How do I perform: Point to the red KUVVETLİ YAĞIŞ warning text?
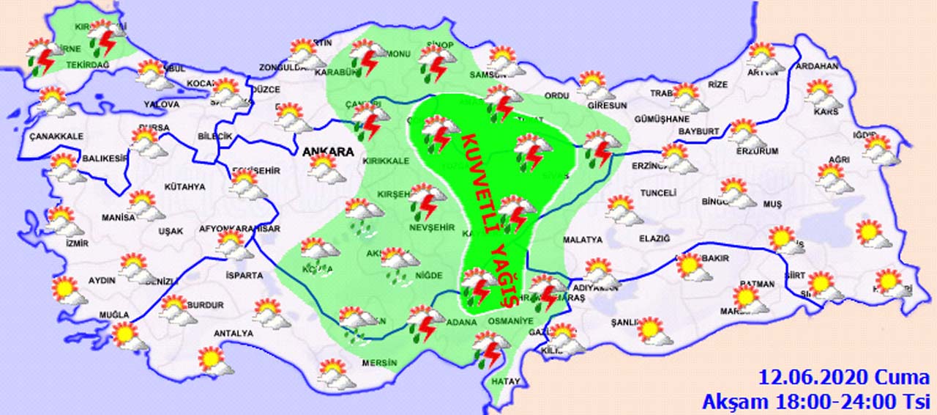492,220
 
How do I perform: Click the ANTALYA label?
233,334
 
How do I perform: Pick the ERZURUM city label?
757,151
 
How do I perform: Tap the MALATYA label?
583,240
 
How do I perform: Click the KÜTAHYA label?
184,187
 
